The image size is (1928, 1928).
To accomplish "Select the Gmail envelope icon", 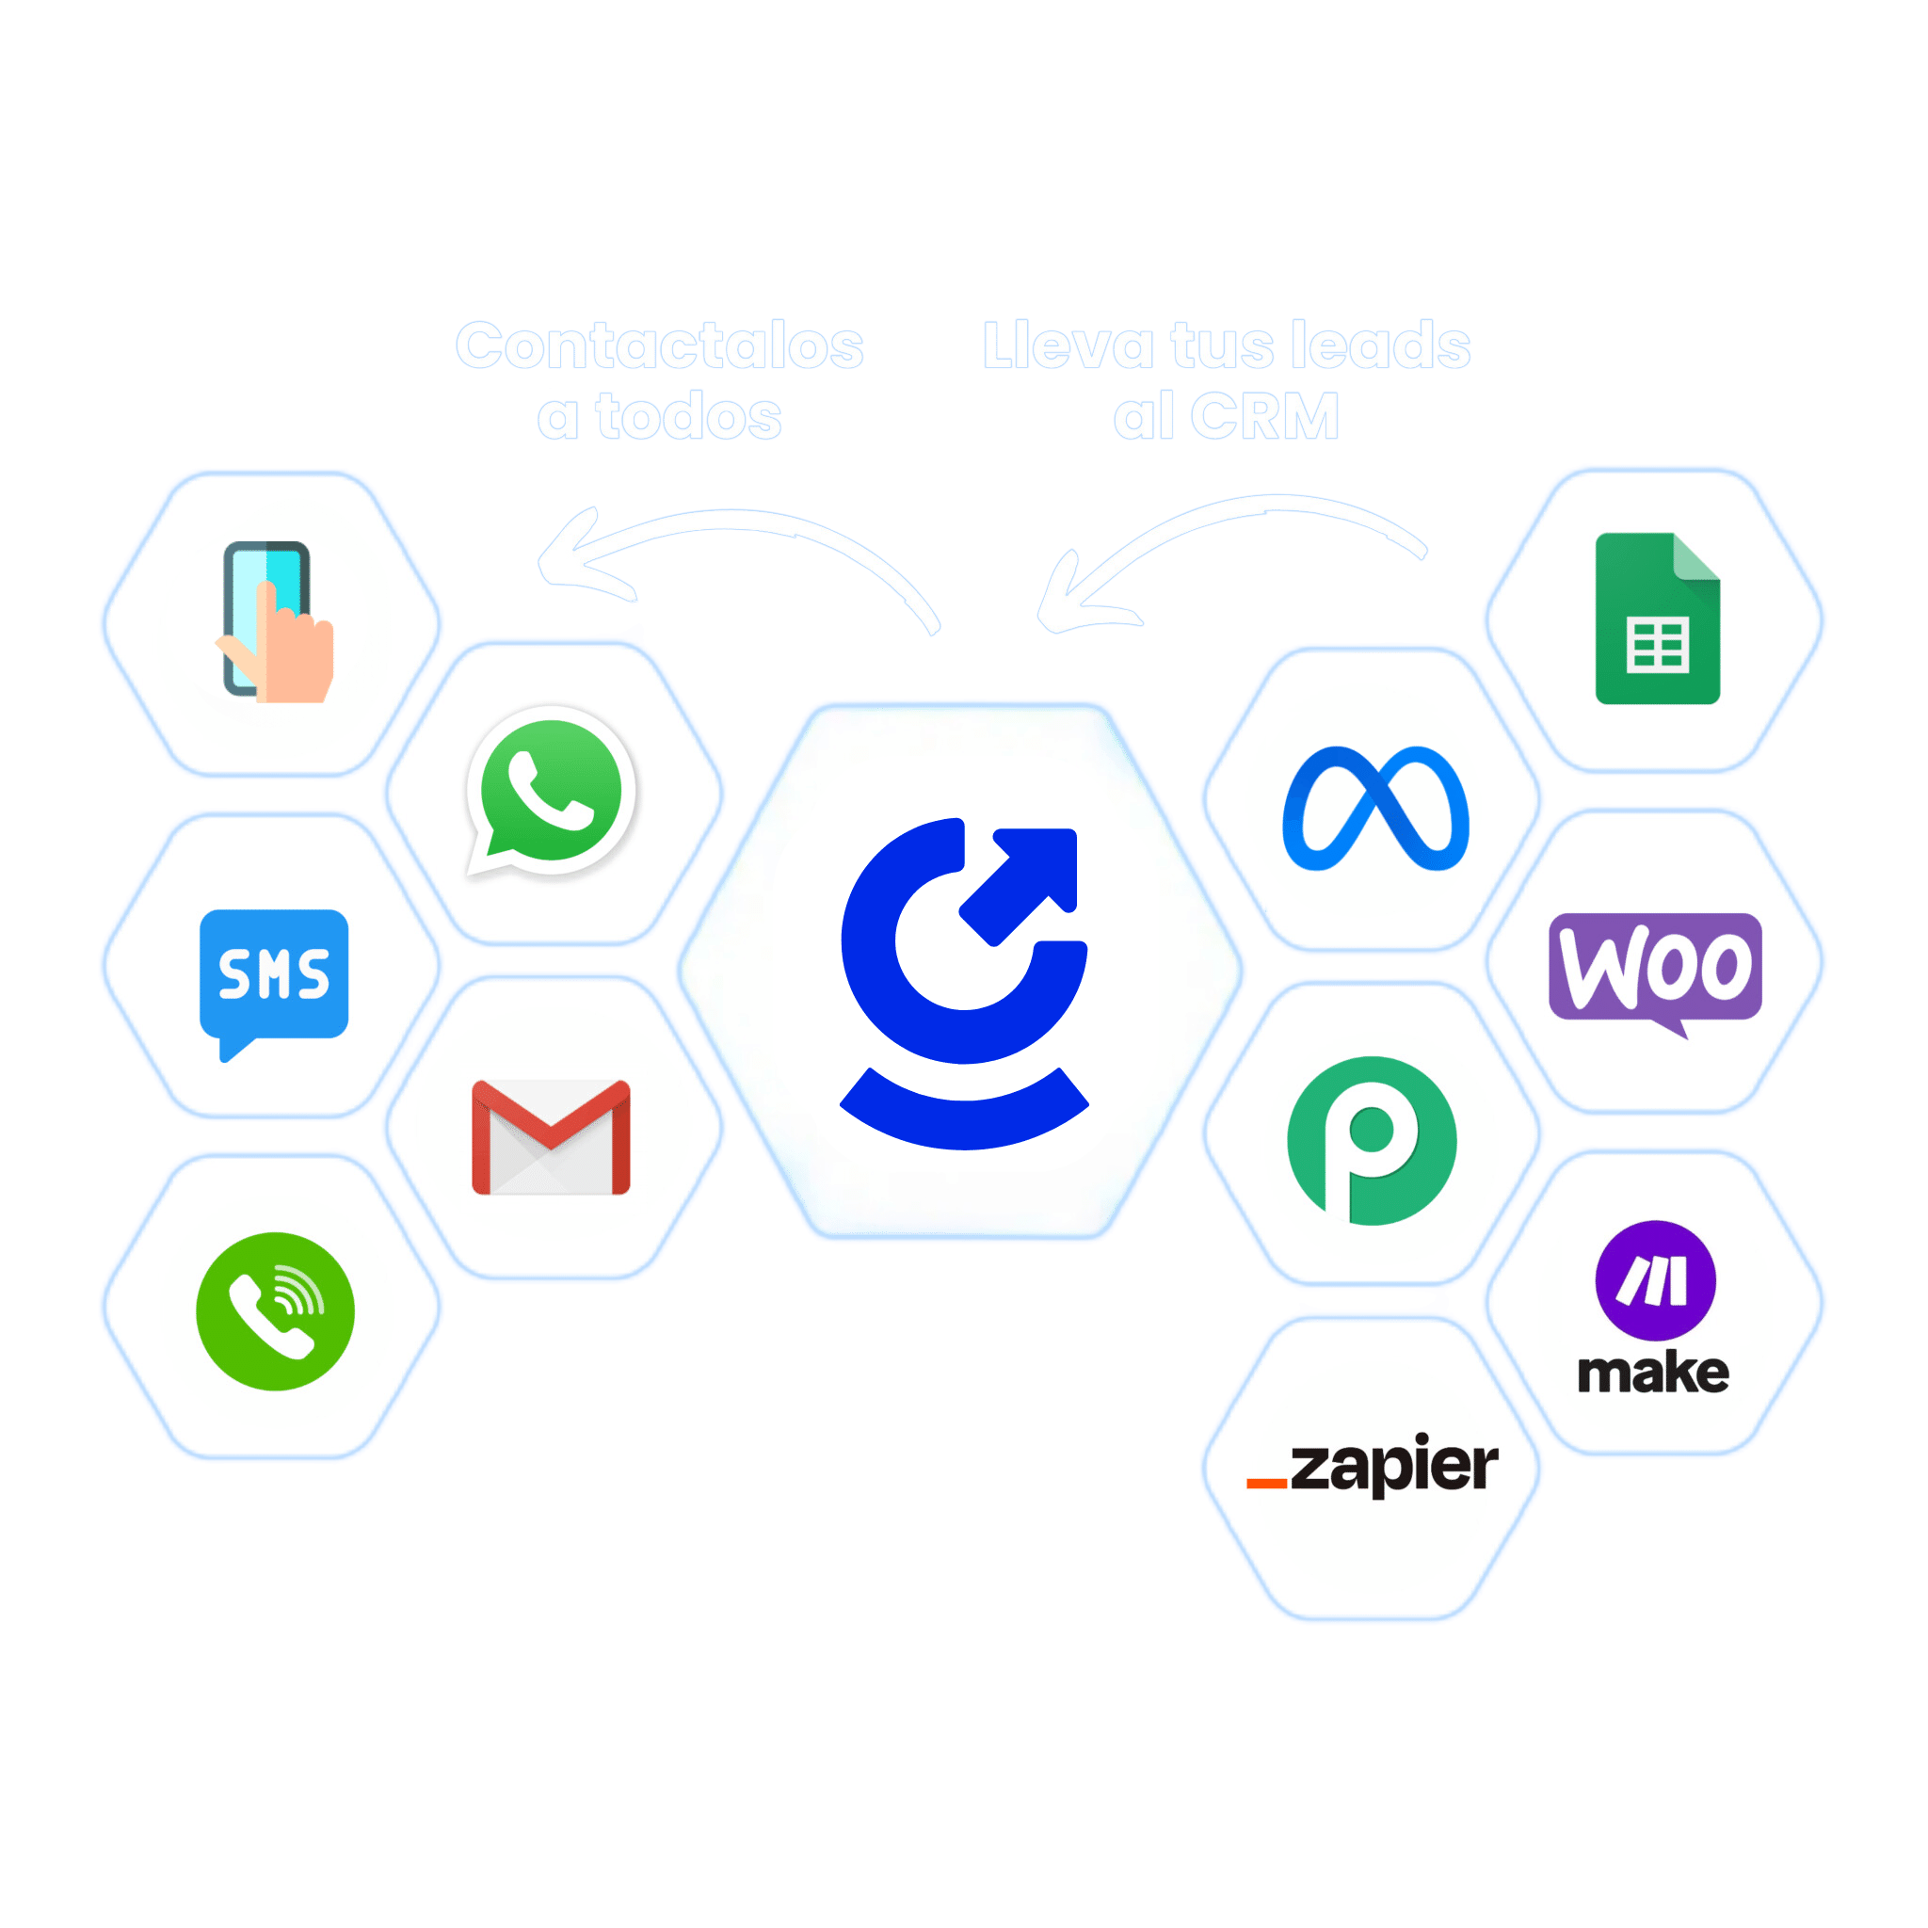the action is [551, 1136].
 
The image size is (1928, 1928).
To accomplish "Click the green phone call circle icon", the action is [276, 1311].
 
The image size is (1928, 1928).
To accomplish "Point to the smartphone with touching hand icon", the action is [276, 621].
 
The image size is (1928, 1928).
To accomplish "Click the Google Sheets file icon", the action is [1658, 619].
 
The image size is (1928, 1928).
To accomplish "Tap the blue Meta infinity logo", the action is [1375, 809].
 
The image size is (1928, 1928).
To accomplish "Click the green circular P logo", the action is [1373, 1141].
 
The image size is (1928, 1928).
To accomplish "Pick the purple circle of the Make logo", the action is [1656, 1280].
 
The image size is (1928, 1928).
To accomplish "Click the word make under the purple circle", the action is [1653, 1374].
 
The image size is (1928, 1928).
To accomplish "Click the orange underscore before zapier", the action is [1266, 1484].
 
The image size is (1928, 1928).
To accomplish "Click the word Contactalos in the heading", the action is [660, 345].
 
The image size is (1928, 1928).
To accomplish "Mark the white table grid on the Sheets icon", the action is [1658, 645].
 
